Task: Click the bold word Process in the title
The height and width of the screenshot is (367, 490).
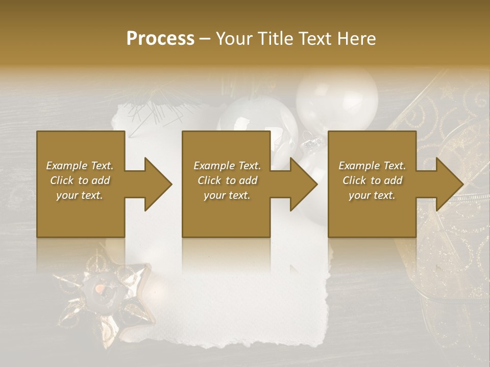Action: click(160, 38)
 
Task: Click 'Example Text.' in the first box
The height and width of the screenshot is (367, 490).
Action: click(80, 166)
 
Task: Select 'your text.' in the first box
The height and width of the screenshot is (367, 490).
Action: click(80, 195)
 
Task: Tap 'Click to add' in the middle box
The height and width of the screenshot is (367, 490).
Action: click(227, 180)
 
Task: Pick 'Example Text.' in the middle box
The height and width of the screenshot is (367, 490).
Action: click(227, 166)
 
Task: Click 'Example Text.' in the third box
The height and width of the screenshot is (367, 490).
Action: click(372, 166)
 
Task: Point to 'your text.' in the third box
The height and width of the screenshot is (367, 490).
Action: click(372, 195)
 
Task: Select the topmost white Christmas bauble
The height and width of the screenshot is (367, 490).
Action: click(337, 97)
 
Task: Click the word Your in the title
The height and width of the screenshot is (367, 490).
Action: click(233, 38)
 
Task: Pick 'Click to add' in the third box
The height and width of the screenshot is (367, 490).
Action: click(372, 180)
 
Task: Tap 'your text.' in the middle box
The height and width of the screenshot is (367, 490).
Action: click(227, 195)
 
